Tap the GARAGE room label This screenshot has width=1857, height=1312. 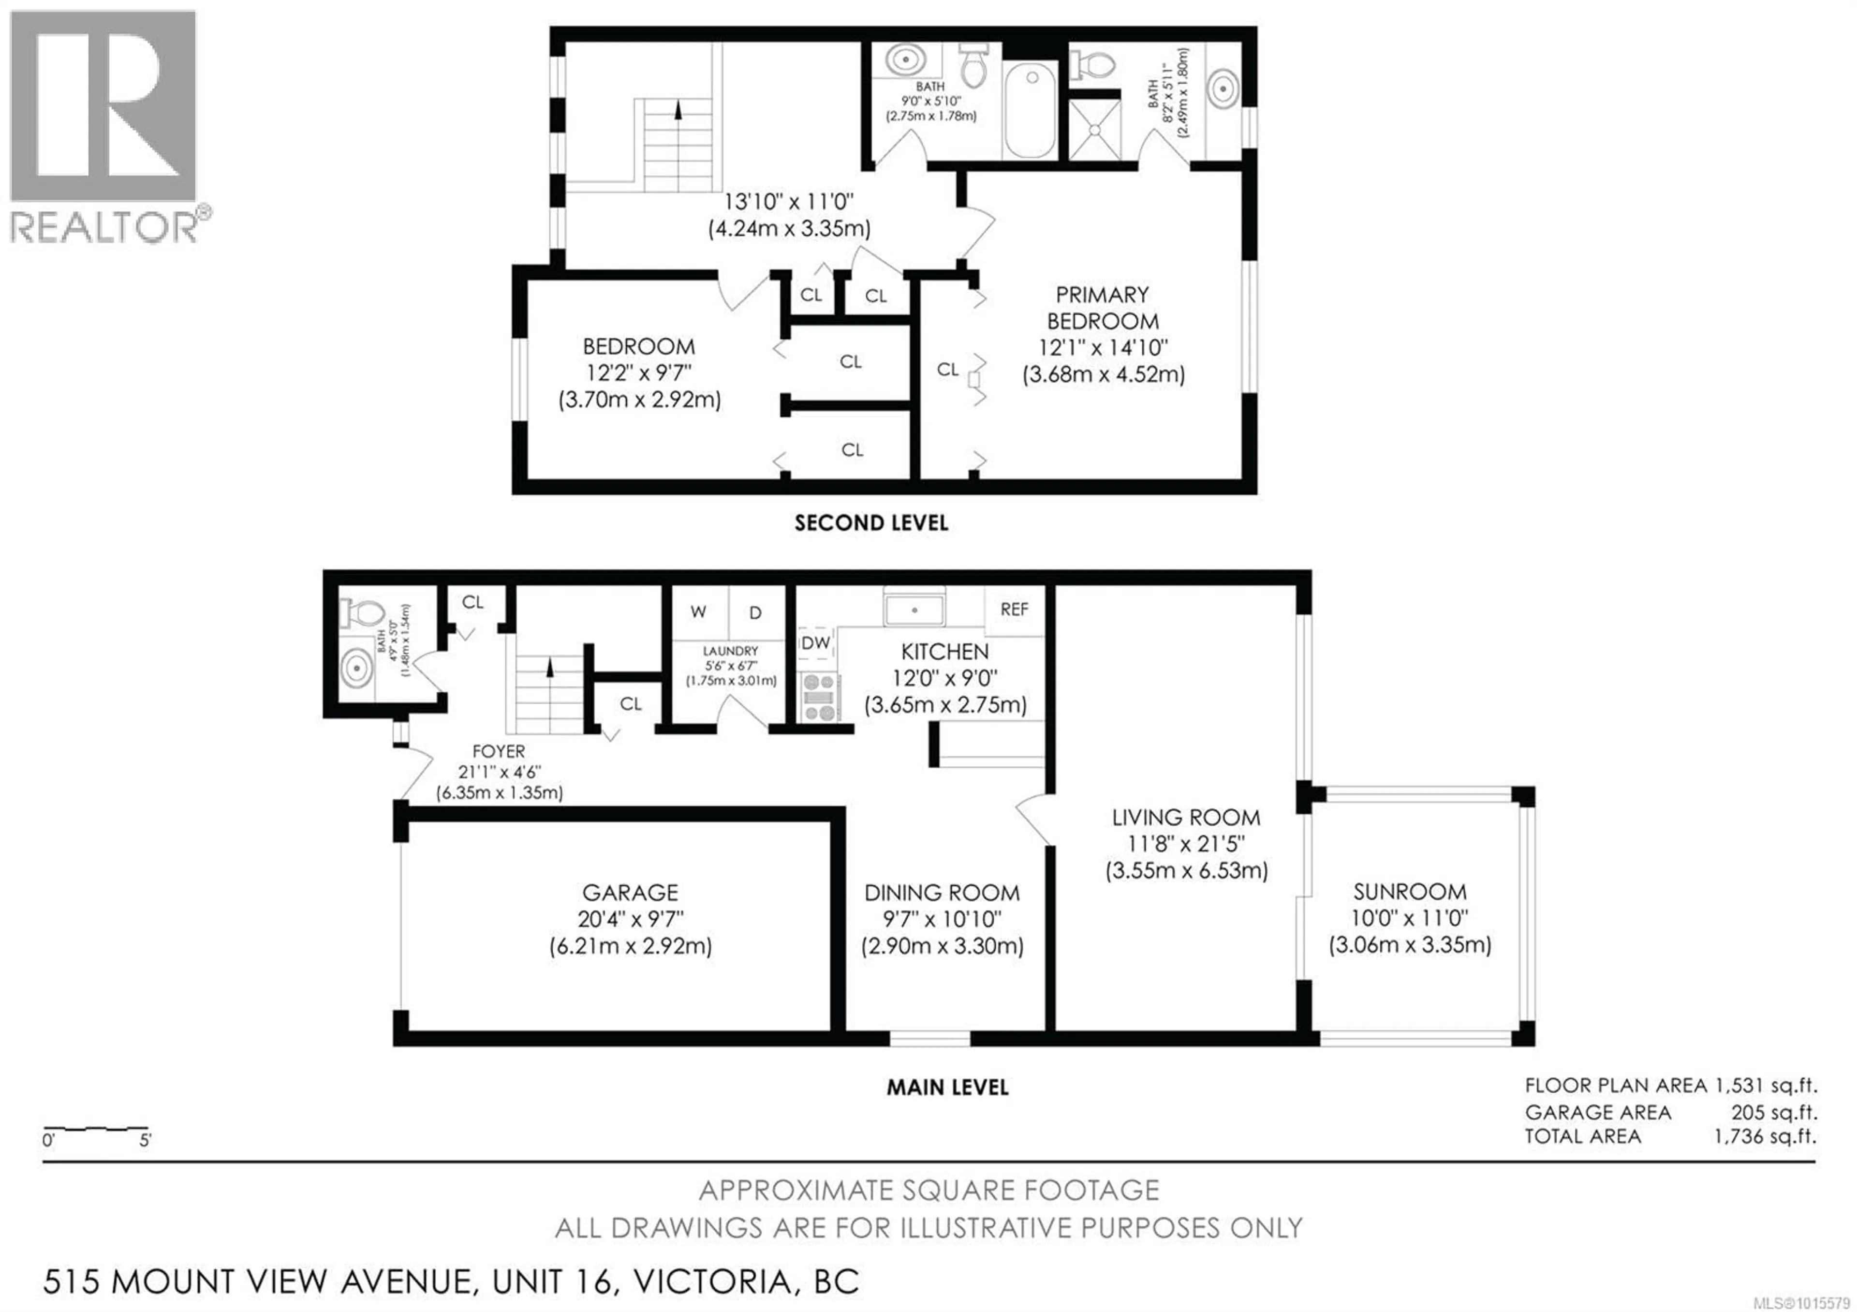point(630,892)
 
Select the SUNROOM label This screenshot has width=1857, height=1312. point(1410,892)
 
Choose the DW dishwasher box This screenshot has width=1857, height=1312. point(816,642)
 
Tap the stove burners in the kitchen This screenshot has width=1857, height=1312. point(819,697)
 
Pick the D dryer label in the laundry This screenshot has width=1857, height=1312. point(755,612)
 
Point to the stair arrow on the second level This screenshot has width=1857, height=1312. point(678,109)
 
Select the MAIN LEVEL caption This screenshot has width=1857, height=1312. point(947,1087)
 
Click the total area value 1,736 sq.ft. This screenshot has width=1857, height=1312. point(1765,1136)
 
